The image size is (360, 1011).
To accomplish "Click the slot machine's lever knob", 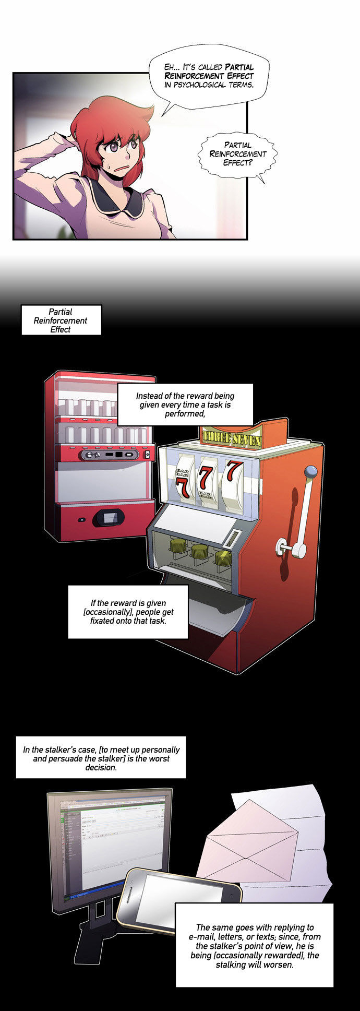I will coord(311,471).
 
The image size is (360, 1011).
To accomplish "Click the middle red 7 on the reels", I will coord(206,477).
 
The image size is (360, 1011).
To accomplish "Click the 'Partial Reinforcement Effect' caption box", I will coord(61,320).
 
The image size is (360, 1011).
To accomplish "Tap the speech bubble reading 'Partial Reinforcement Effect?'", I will coord(238,154).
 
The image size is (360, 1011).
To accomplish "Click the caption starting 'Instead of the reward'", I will coord(185,405).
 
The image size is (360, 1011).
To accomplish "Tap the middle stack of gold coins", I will coord(200,551).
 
